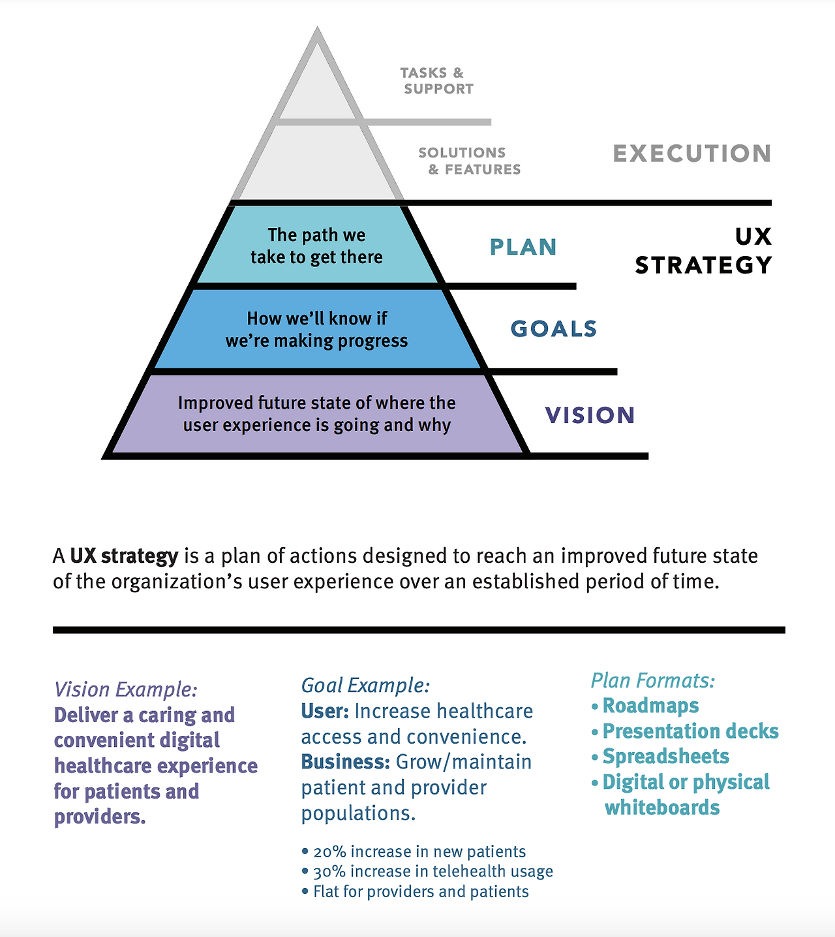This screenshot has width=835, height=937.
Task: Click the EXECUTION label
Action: [692, 153]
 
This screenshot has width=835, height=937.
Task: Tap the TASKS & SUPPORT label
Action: [436, 81]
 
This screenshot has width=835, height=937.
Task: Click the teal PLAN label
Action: [523, 247]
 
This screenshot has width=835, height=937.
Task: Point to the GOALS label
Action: [554, 328]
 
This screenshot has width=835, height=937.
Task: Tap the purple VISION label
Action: [590, 415]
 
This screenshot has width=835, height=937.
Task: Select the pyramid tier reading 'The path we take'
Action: [317, 246]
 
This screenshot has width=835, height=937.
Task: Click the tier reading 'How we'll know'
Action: [317, 329]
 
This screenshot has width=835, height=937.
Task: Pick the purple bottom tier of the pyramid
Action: [317, 414]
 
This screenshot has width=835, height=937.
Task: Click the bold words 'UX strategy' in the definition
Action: [124, 556]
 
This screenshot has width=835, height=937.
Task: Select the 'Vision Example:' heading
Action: [126, 690]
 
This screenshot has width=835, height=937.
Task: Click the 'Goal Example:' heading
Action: [365, 685]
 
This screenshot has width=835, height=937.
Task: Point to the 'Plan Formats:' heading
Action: [653, 680]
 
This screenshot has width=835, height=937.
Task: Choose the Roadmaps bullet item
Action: [650, 706]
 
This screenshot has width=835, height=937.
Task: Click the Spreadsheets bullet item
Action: [665, 756]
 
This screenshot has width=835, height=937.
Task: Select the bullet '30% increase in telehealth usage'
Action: [433, 871]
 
